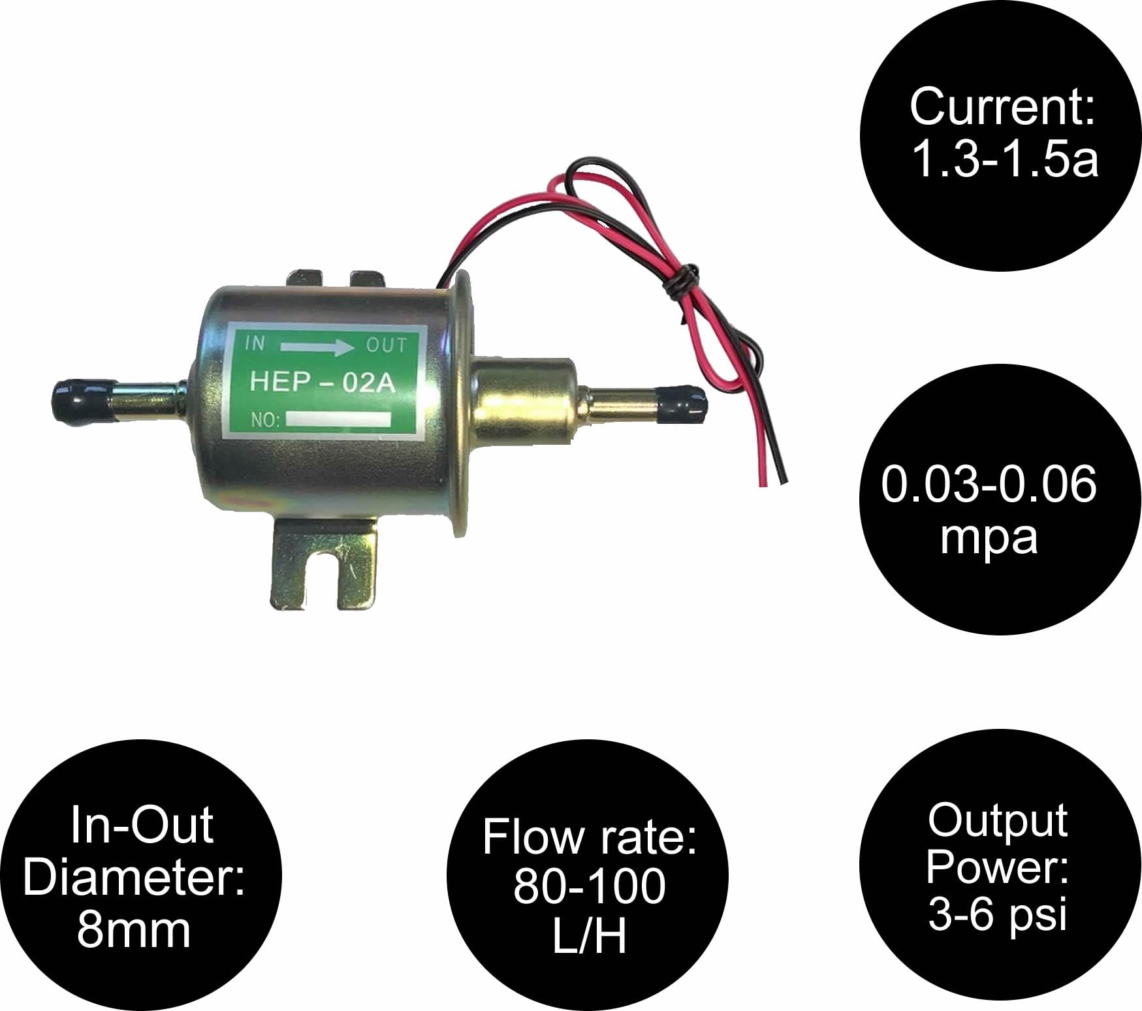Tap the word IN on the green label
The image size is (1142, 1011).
[255, 344]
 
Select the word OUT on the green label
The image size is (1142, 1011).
[387, 345]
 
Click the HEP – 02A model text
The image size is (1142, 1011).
[323, 381]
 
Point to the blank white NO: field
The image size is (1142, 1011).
[338, 419]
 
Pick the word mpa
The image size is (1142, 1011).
[989, 538]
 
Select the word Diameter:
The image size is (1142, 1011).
[135, 877]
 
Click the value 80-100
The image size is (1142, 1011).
[590, 886]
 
